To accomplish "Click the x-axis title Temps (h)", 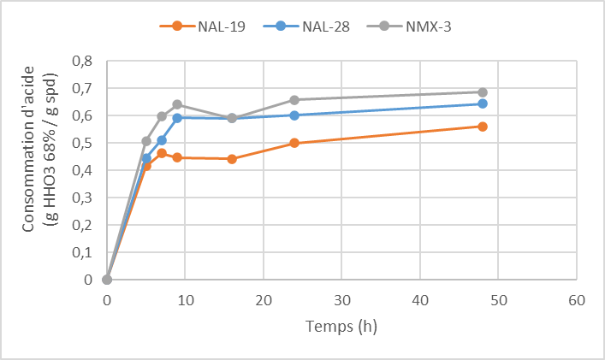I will pos(341,326).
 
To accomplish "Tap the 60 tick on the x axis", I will pos(576,300).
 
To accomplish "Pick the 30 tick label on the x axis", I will pos(341,300).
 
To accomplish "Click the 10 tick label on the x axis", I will pos(185,300).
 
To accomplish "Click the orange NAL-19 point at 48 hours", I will pos(483,127).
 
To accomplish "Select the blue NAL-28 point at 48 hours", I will pos(483,103).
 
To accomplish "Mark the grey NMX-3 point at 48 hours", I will pos(483,92).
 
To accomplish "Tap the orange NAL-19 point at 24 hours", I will pos(294,143).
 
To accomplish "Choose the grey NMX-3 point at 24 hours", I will pos(294,100).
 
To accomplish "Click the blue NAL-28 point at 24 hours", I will pos(294,115).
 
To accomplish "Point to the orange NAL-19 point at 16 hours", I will pos(232,159).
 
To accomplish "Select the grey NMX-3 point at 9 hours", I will pos(177,104).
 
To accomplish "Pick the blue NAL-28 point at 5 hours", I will pos(146,158).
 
